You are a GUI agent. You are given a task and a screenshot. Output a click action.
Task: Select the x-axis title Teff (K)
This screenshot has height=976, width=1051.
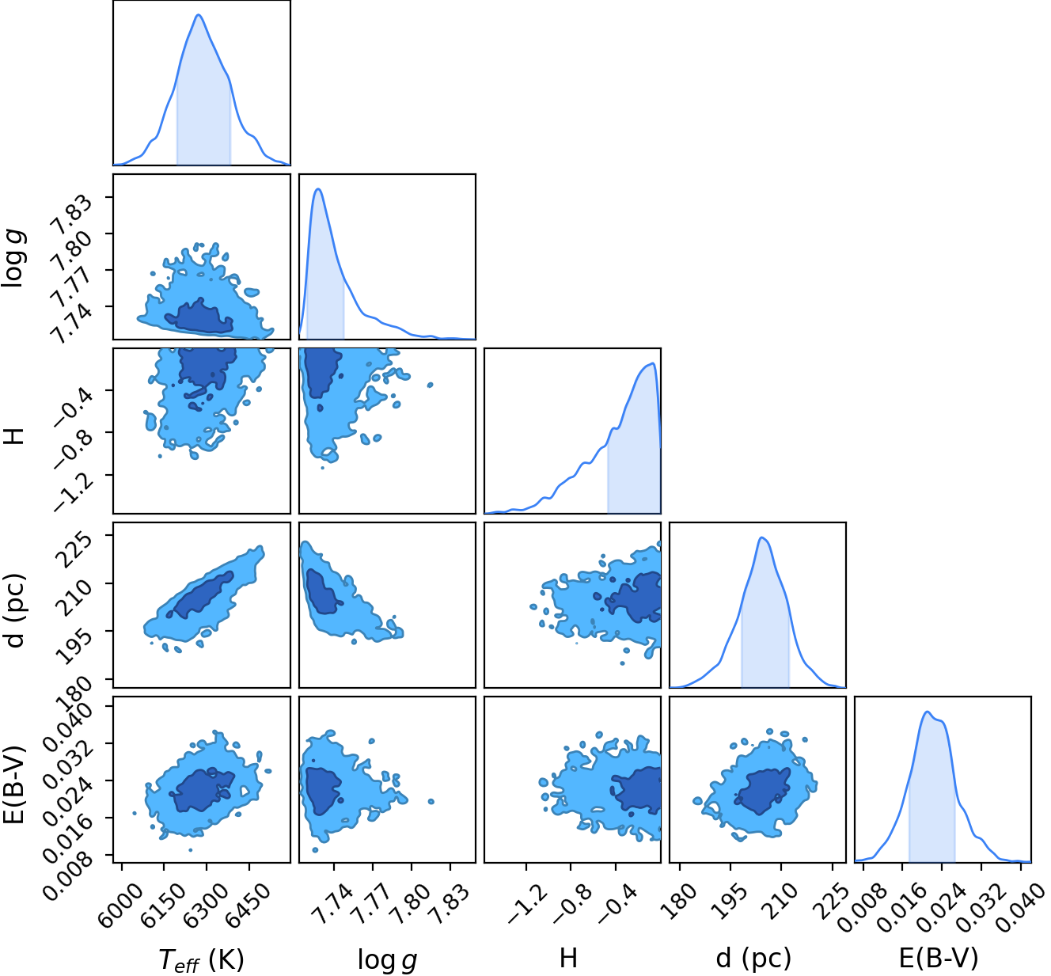pyautogui.click(x=201, y=959)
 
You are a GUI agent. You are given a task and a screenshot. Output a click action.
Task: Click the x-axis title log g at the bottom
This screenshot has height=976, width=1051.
pyautogui.click(x=387, y=959)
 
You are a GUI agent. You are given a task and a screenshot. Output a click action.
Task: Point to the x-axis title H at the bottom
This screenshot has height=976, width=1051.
pyautogui.click(x=568, y=958)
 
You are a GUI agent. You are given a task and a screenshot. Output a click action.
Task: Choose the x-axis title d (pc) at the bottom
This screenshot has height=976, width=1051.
pyautogui.click(x=753, y=959)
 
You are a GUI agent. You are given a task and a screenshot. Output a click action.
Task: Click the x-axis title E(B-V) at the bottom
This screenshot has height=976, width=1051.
pyautogui.click(x=939, y=958)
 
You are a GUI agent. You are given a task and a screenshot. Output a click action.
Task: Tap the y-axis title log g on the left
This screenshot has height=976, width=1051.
pyautogui.click(x=14, y=256)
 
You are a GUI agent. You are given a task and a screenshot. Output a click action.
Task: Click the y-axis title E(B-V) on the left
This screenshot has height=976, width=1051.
pyautogui.click(x=14, y=784)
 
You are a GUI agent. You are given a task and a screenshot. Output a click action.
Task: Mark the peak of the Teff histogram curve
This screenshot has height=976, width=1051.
pyautogui.click(x=199, y=15)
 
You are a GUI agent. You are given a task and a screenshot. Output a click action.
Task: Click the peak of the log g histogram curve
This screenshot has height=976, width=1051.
pyautogui.click(x=318, y=189)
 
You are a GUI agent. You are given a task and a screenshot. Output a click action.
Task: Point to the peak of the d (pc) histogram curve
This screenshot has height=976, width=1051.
pyautogui.click(x=762, y=538)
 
